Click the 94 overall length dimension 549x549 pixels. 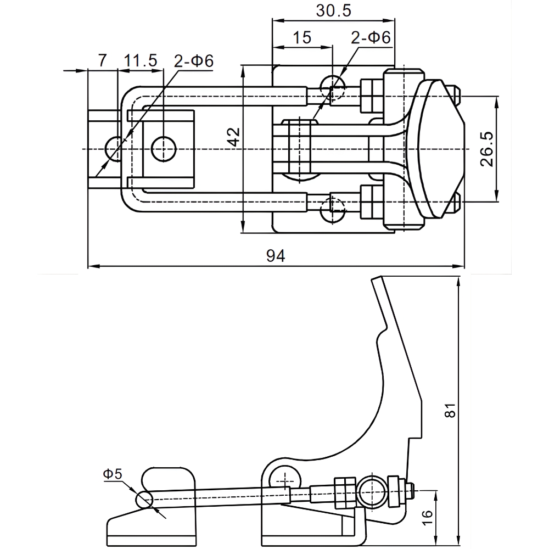point(276,256)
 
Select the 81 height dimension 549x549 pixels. point(450,410)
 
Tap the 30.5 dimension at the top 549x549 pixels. point(334,10)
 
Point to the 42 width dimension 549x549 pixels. point(234,137)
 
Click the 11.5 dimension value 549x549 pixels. point(141,60)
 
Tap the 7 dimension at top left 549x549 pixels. point(102,60)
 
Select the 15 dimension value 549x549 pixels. point(302,37)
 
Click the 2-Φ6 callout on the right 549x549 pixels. point(371,37)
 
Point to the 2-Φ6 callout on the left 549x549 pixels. point(194,60)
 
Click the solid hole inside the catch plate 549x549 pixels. point(164,149)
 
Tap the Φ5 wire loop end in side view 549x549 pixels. point(145,500)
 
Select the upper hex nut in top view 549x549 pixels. point(372,94)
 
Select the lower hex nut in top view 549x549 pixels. point(372,201)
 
